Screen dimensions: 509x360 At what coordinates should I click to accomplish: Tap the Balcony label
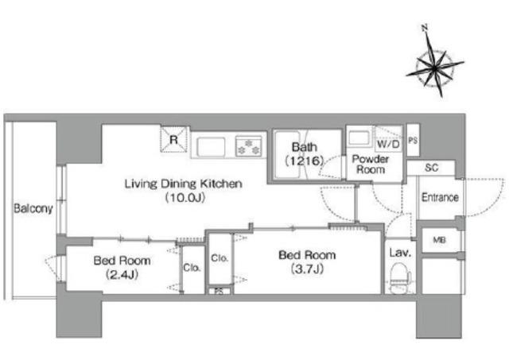pyautogui.click(x=33, y=208)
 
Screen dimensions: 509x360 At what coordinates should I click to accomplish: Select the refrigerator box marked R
pyautogui.click(x=174, y=139)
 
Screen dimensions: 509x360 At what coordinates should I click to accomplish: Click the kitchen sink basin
pyautogui.click(x=211, y=146)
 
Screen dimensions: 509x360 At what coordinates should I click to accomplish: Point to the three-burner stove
pyautogui.click(x=249, y=146)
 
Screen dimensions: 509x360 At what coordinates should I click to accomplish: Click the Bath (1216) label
pyautogui.click(x=304, y=153)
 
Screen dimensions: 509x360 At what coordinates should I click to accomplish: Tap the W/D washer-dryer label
pyautogui.click(x=388, y=144)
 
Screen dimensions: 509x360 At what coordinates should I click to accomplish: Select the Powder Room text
pyautogui.click(x=371, y=165)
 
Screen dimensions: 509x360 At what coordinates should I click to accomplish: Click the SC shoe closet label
pyautogui.click(x=431, y=168)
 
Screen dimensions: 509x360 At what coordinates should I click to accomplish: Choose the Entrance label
pyautogui.click(x=440, y=197)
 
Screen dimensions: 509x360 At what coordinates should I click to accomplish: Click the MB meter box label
pyautogui.click(x=439, y=240)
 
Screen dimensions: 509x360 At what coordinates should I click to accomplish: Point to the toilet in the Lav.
pyautogui.click(x=400, y=277)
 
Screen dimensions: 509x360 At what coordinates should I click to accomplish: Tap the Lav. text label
pyautogui.click(x=400, y=253)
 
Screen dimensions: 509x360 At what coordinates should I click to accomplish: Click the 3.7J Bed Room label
pyautogui.click(x=307, y=261)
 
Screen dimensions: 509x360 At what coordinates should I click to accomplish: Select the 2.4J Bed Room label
pyautogui.click(x=122, y=267)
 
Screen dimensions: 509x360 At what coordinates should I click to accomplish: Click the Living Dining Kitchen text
pyautogui.click(x=184, y=184)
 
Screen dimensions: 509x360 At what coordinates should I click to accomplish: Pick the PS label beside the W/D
pyautogui.click(x=413, y=141)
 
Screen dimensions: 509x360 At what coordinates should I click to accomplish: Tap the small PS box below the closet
pyautogui.click(x=220, y=291)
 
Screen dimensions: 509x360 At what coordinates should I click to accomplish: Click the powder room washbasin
pyautogui.click(x=359, y=138)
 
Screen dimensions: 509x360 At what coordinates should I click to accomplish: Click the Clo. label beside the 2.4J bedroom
pyautogui.click(x=192, y=268)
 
